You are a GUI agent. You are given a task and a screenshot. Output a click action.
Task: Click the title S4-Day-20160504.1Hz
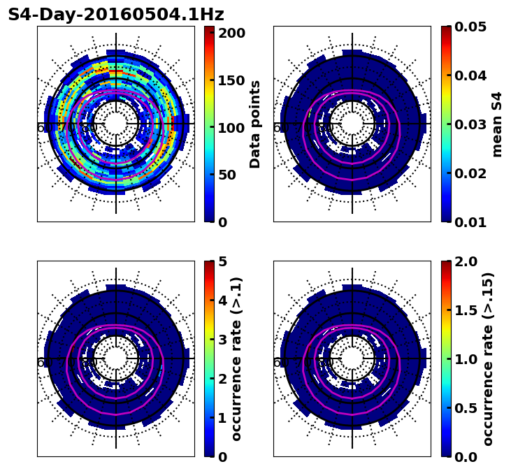click(x=116, y=15)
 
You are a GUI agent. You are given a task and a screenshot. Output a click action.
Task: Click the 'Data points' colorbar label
click(x=255, y=124)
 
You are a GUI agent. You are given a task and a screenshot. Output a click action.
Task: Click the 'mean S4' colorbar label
click(x=497, y=124)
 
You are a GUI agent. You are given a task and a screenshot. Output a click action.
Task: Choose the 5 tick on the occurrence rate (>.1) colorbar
click(x=223, y=261)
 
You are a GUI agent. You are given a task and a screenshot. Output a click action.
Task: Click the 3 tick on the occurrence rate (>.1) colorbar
click(x=223, y=340)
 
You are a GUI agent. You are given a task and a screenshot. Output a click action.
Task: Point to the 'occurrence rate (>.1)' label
click(x=237, y=358)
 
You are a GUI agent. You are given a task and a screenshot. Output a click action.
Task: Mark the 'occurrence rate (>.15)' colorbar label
click(x=488, y=358)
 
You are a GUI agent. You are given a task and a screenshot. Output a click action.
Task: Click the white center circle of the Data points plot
click(x=116, y=124)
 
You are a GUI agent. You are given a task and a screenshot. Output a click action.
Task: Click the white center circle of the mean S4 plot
click(x=352, y=124)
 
